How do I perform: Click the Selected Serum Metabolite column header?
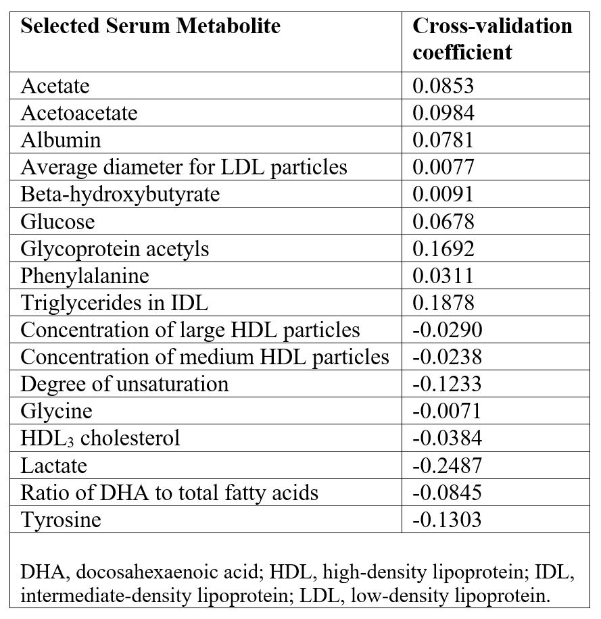[150, 26]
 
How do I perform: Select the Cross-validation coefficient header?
[492, 39]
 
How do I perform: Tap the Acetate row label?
[55, 86]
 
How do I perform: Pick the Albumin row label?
[61, 140]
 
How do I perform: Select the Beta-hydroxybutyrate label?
[120, 194]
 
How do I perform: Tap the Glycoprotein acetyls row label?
[115, 249]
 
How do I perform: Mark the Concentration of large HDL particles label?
[190, 330]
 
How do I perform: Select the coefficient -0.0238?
[447, 357]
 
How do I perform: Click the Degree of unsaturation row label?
[124, 384]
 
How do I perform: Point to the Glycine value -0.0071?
[447, 411]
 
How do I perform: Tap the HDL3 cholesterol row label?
[100, 439]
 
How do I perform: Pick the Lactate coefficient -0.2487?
[447, 466]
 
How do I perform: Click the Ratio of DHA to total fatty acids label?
[169, 493]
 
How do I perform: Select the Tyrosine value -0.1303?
[447, 520]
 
